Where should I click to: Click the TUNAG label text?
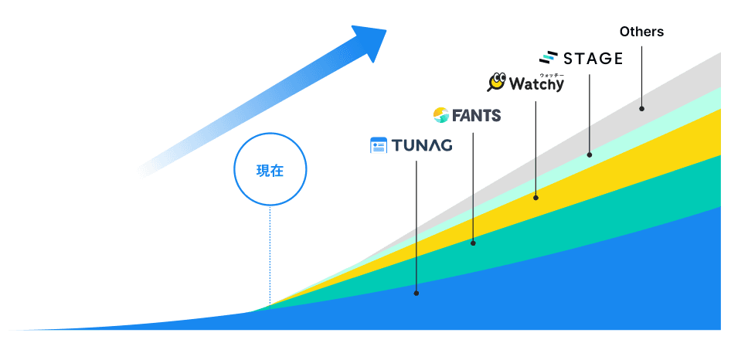[x=421, y=146]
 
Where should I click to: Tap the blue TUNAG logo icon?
[x=378, y=146]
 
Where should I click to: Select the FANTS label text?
[x=477, y=116]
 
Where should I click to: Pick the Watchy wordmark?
[x=535, y=83]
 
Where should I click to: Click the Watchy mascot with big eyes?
[x=496, y=82]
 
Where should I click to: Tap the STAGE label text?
[x=593, y=58]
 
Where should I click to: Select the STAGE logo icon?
[x=549, y=58]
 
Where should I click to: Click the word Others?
[x=641, y=32]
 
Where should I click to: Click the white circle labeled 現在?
[x=270, y=169]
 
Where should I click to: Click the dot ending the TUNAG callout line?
[x=416, y=293]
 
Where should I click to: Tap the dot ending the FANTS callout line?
[x=473, y=243]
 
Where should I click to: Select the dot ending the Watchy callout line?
[x=535, y=198]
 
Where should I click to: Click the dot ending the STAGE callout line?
[x=590, y=155]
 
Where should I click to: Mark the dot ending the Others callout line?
[x=641, y=108]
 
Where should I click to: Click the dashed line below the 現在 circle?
[x=270, y=255]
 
